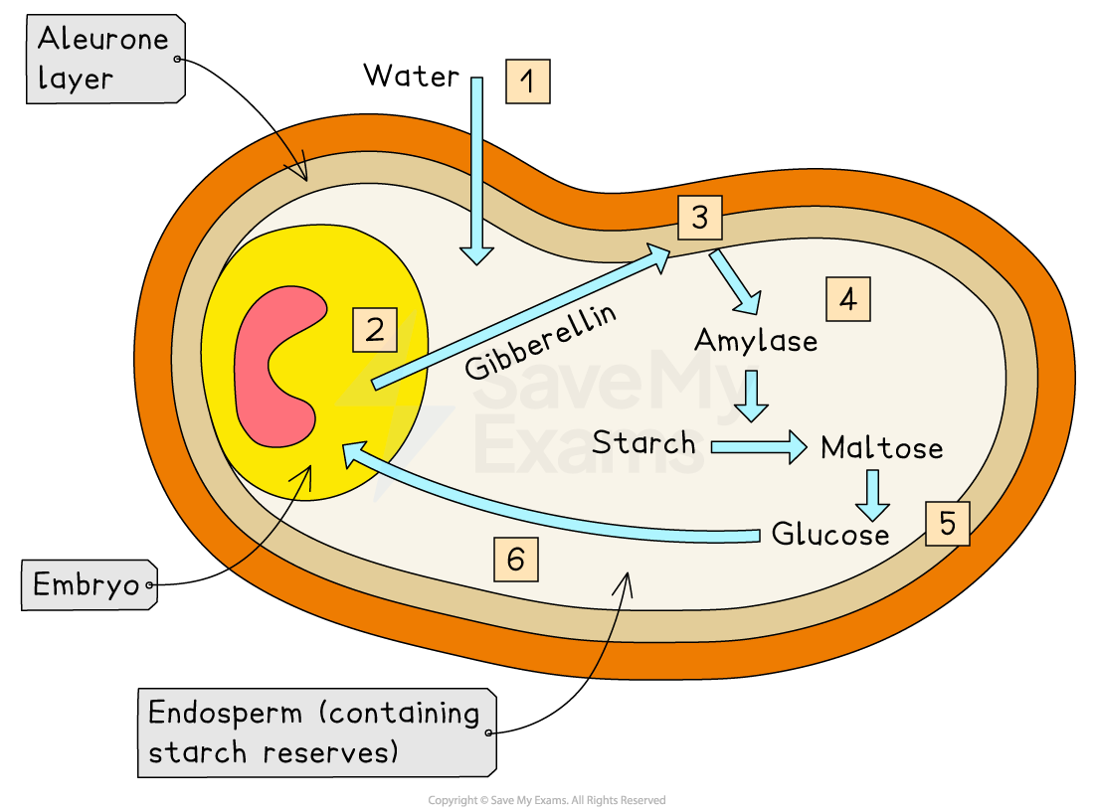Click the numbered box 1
pyautogui.click(x=527, y=81)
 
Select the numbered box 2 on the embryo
pyautogui.click(x=374, y=330)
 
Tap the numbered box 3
pyautogui.click(x=700, y=218)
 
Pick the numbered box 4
pyautogui.click(x=847, y=298)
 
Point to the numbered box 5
pyautogui.click(x=947, y=524)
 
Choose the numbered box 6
pyautogui.click(x=515, y=560)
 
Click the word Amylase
pyautogui.click(x=756, y=341)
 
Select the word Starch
pyautogui.click(x=643, y=442)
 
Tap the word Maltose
pyautogui.click(x=881, y=448)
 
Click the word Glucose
pyautogui.click(x=830, y=535)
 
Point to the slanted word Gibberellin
pyautogui.click(x=540, y=342)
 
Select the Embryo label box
pyautogui.click(x=88, y=584)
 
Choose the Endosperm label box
pyautogui.click(x=316, y=731)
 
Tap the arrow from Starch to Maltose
pyautogui.click(x=759, y=446)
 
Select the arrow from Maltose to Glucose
pyautogui.click(x=873, y=494)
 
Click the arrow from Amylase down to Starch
pyautogui.click(x=752, y=395)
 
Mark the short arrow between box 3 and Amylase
pyautogui.click(x=735, y=279)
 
